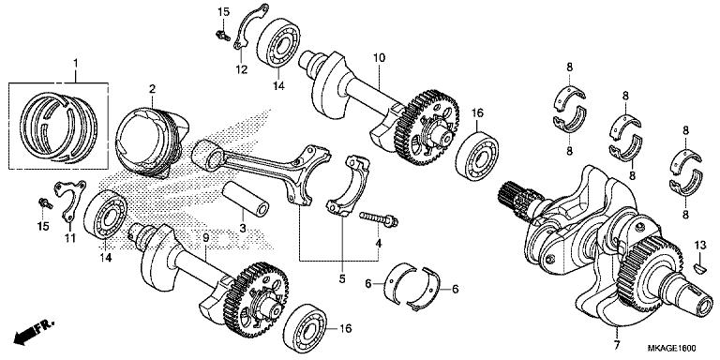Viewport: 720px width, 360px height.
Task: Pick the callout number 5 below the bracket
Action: [x=341, y=278]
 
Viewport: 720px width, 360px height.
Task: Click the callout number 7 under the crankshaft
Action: [x=617, y=335]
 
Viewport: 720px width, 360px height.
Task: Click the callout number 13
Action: [x=698, y=245]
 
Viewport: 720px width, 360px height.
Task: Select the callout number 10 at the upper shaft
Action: [x=380, y=58]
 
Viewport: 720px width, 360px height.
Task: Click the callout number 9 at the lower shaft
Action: [x=206, y=241]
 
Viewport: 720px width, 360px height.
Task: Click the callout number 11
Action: [x=67, y=239]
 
